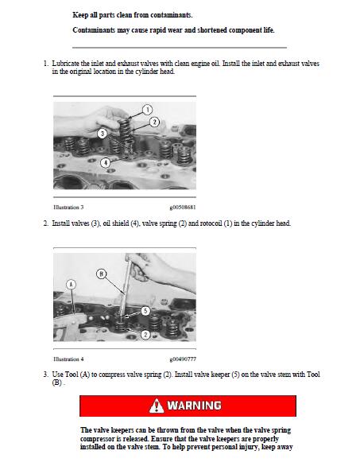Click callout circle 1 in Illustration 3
(x=147, y=110)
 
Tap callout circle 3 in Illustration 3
(x=103, y=134)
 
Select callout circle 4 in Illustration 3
(x=105, y=163)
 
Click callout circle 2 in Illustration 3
(x=154, y=122)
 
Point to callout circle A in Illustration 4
(x=71, y=284)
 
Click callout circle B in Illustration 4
(x=101, y=274)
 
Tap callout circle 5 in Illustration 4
(x=145, y=311)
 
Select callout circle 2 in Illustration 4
(x=145, y=335)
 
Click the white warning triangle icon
(x=157, y=406)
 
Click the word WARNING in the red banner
(x=195, y=406)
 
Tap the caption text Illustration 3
(x=68, y=207)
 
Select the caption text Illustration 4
(x=68, y=359)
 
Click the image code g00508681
(x=183, y=207)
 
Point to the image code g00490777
(x=183, y=359)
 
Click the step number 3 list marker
(x=45, y=375)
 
